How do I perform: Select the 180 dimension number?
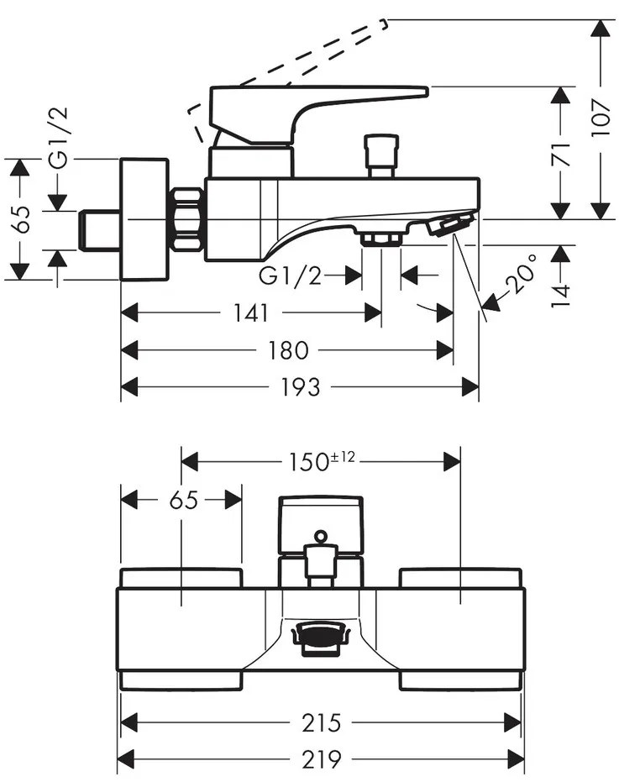(x=288, y=349)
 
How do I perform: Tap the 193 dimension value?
(x=301, y=386)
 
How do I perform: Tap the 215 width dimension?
(x=322, y=722)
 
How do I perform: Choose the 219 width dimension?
(x=322, y=759)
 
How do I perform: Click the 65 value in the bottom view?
(x=182, y=500)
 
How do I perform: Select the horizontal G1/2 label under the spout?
(x=291, y=275)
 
